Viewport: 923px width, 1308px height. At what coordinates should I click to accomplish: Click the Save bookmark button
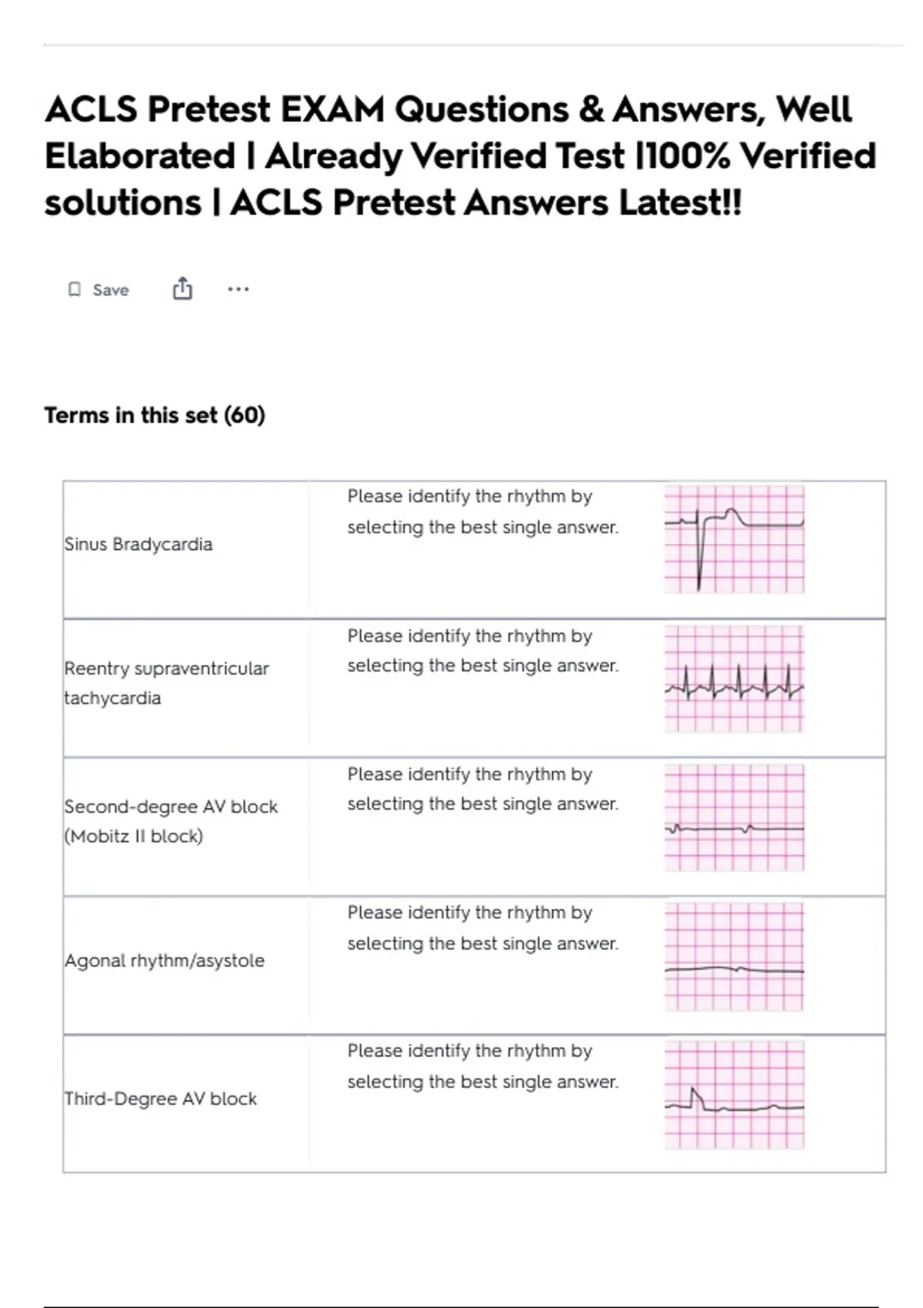98,290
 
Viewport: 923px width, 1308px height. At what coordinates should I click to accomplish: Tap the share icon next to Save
182,289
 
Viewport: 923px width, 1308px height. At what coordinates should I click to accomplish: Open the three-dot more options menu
238,289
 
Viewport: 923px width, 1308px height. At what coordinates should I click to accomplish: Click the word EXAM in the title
332,109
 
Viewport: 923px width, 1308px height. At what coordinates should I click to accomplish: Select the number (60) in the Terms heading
245,415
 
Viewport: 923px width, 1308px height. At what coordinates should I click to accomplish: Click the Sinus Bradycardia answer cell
138,545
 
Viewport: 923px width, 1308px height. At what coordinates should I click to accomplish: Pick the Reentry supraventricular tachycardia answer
166,683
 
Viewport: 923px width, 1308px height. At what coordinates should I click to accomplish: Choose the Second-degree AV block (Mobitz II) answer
171,821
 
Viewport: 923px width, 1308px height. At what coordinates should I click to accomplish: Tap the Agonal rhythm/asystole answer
165,960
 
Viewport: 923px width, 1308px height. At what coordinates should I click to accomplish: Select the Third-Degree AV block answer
161,1099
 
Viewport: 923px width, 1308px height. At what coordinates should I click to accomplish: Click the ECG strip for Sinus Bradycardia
735,539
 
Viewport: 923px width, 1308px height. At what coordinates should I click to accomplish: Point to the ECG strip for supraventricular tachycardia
735,679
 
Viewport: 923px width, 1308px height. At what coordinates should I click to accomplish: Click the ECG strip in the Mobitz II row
735,817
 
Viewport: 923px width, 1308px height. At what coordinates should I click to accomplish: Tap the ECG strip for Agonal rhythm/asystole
735,956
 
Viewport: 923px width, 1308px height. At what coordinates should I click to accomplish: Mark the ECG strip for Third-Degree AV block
735,1095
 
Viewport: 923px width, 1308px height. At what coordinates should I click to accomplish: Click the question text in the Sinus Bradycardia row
482,512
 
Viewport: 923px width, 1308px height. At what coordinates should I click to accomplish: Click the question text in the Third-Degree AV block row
482,1066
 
